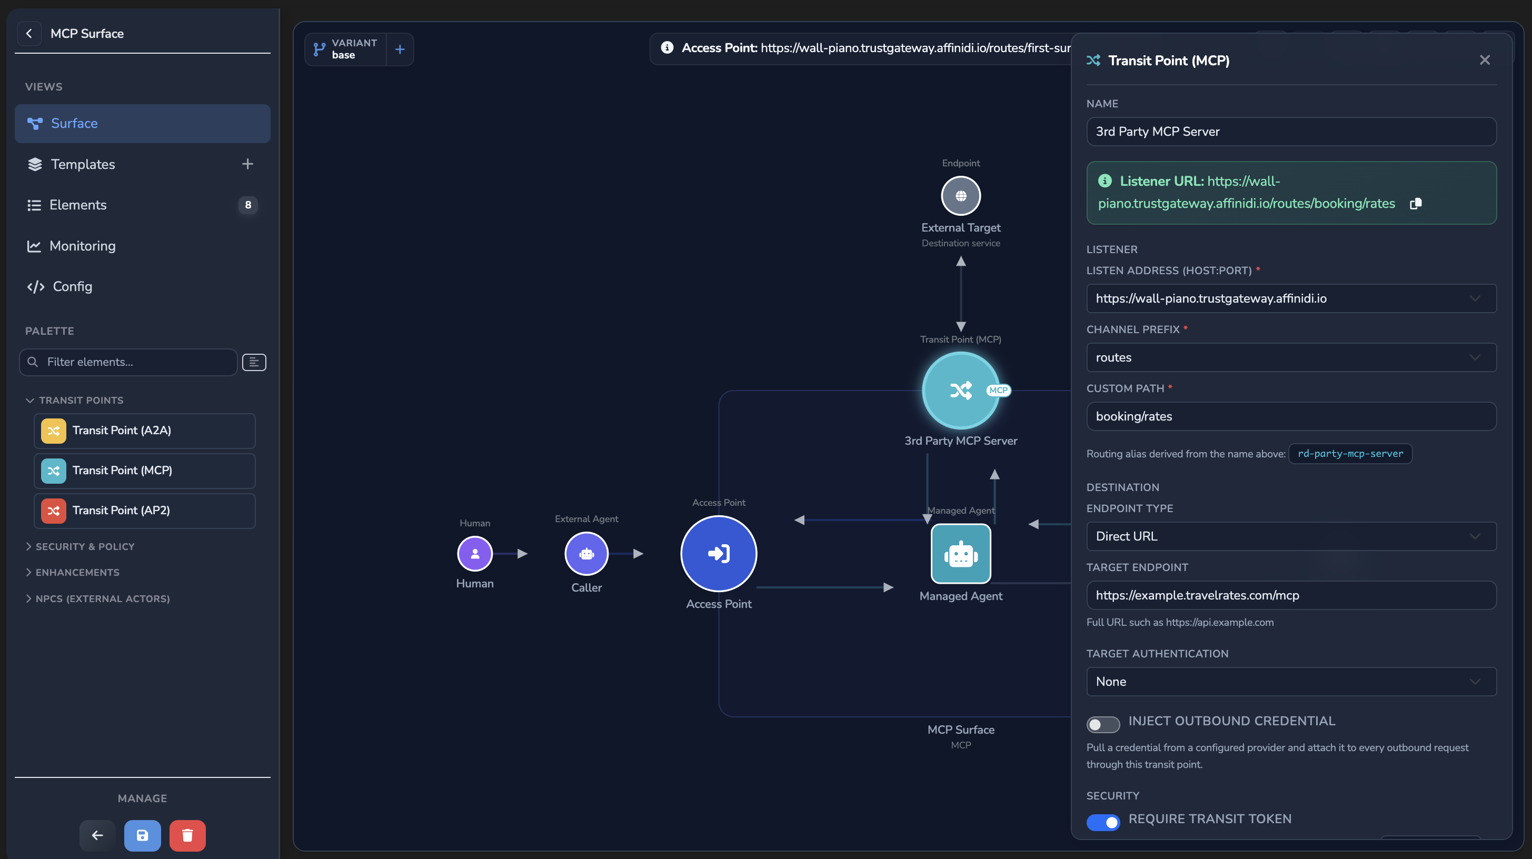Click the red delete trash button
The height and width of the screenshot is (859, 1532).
(187, 835)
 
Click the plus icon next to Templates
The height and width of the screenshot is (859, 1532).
(247, 164)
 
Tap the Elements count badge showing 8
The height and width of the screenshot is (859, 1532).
(248, 205)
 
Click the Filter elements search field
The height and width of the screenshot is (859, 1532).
(128, 362)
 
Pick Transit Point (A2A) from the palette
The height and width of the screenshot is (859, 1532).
(145, 431)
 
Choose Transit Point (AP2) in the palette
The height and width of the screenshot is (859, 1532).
(145, 511)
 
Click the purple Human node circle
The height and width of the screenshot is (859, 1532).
(474, 553)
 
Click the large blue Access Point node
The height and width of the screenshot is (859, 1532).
(719, 553)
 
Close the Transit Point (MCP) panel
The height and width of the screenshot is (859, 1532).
(1485, 60)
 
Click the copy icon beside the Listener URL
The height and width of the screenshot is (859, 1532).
(1416, 204)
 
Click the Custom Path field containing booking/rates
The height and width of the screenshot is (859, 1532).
(1291, 417)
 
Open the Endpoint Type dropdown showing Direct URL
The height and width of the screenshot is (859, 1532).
(1291, 536)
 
